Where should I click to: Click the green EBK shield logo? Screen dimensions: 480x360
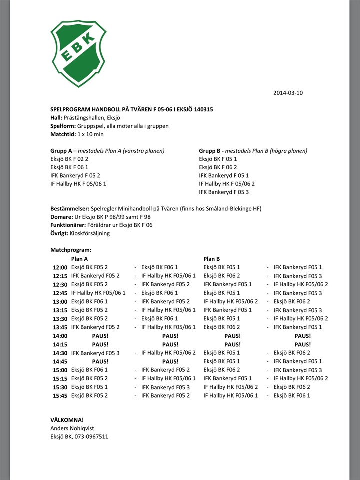click(x=78, y=54)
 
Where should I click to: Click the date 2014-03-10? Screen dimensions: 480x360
click(x=288, y=93)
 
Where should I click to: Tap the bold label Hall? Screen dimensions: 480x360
click(x=56, y=118)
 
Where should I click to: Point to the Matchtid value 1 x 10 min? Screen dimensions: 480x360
click(x=90, y=134)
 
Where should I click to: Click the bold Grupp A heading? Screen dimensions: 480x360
click(x=61, y=151)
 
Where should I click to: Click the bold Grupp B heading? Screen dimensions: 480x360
click(x=210, y=151)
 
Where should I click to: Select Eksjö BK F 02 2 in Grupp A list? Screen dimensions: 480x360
click(x=69, y=159)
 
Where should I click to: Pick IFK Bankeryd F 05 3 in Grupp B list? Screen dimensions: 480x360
click(x=223, y=192)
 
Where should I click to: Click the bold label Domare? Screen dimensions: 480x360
click(x=62, y=217)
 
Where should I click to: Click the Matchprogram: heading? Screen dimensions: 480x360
click(x=71, y=249)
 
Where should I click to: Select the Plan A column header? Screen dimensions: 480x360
click(x=80, y=259)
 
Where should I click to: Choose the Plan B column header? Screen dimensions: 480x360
click(x=212, y=259)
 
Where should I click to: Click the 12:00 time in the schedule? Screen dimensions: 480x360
click(x=60, y=268)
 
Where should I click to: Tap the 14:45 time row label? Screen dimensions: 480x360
click(x=60, y=361)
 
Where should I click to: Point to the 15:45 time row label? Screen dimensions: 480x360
click(x=60, y=396)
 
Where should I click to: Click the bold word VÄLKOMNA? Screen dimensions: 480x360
click(x=67, y=420)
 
